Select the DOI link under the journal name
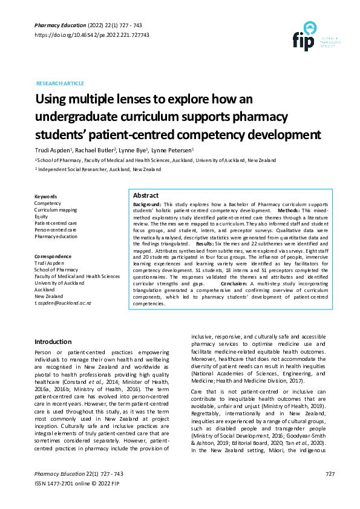click(x=91, y=35)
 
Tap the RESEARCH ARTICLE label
click(x=60, y=83)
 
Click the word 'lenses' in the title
click(x=127, y=99)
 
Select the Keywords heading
click(x=46, y=197)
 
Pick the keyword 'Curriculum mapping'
click(x=56, y=210)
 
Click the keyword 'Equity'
click(x=41, y=216)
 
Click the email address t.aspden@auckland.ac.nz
click(x=62, y=302)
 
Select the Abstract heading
click(x=146, y=196)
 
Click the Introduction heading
click(x=53, y=342)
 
